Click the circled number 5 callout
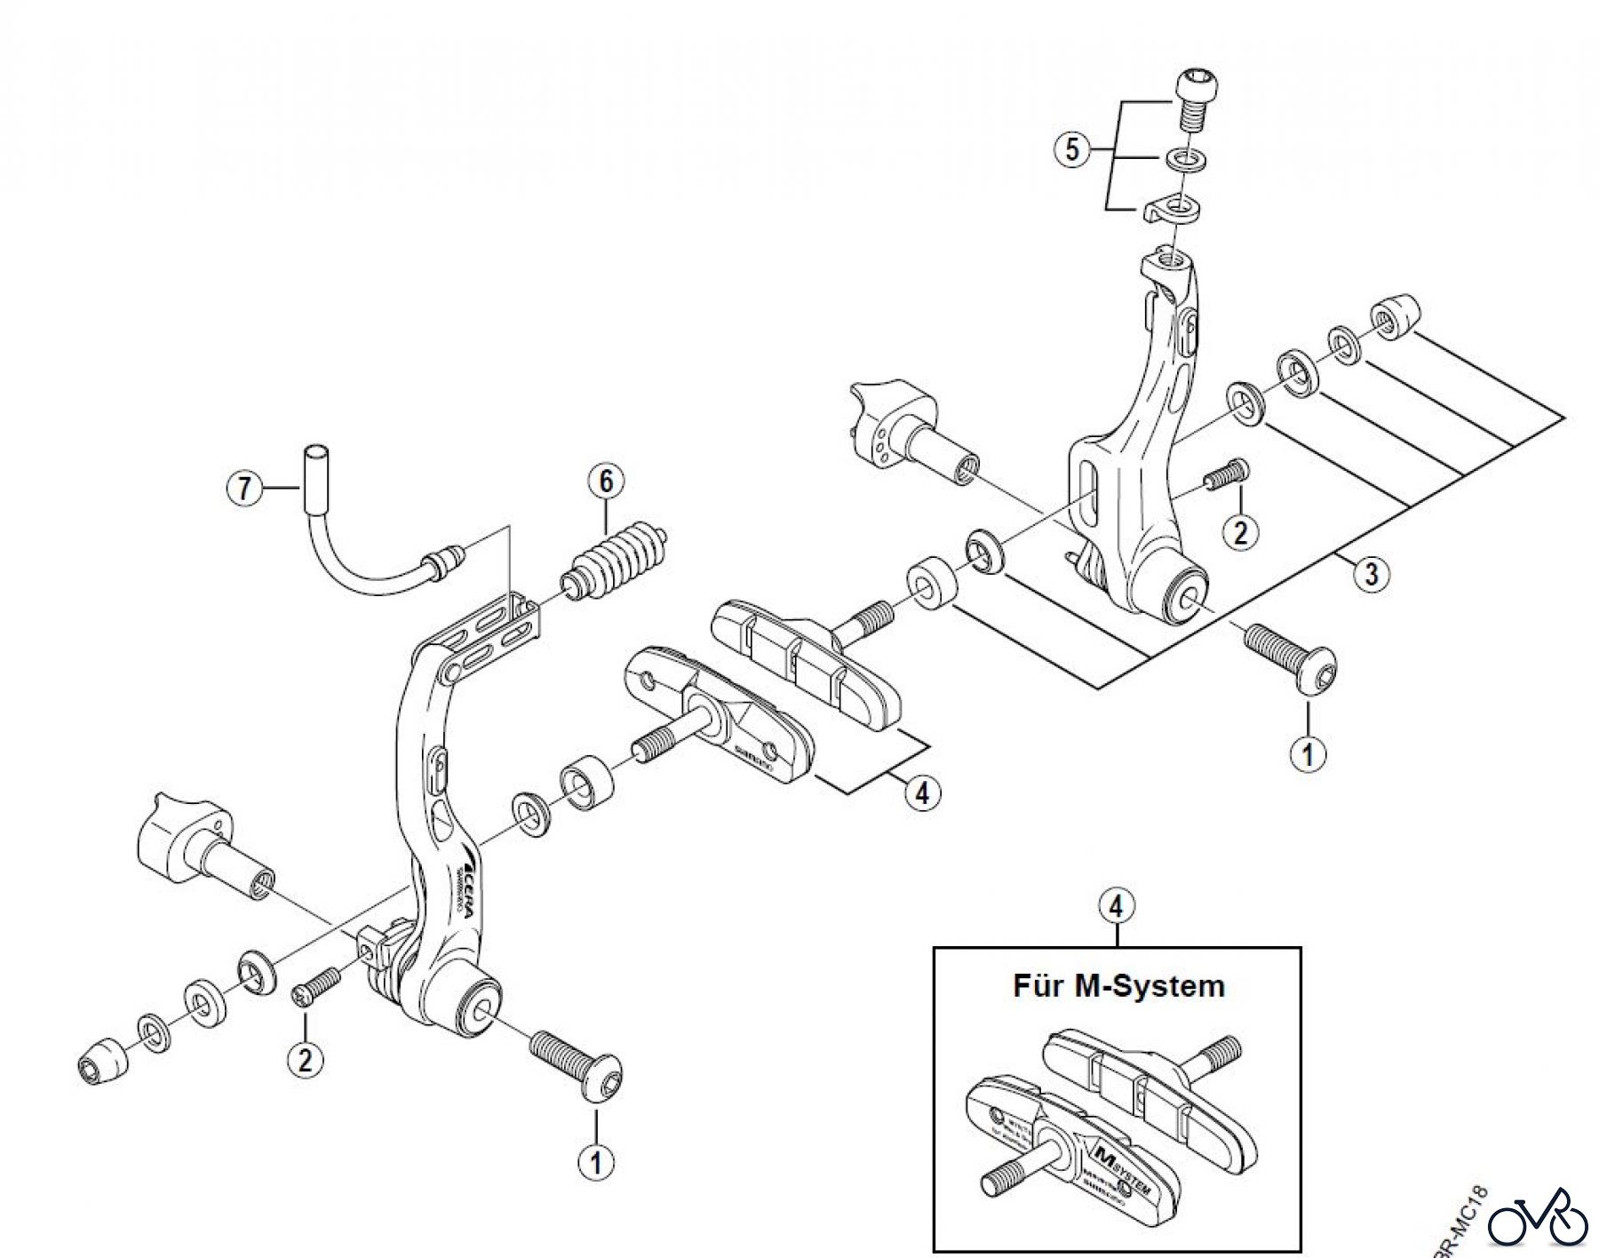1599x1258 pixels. [1072, 150]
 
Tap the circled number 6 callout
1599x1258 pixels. [606, 482]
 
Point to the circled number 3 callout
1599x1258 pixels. [1372, 574]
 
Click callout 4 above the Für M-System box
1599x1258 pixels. [1117, 906]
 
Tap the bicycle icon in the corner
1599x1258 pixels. [1537, 1222]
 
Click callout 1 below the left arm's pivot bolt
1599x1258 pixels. [595, 1161]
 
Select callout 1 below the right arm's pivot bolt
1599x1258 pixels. [1308, 754]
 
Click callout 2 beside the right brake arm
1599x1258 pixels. [1241, 532]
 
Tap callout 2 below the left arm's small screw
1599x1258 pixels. [306, 1060]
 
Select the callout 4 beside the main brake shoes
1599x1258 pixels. [922, 792]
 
